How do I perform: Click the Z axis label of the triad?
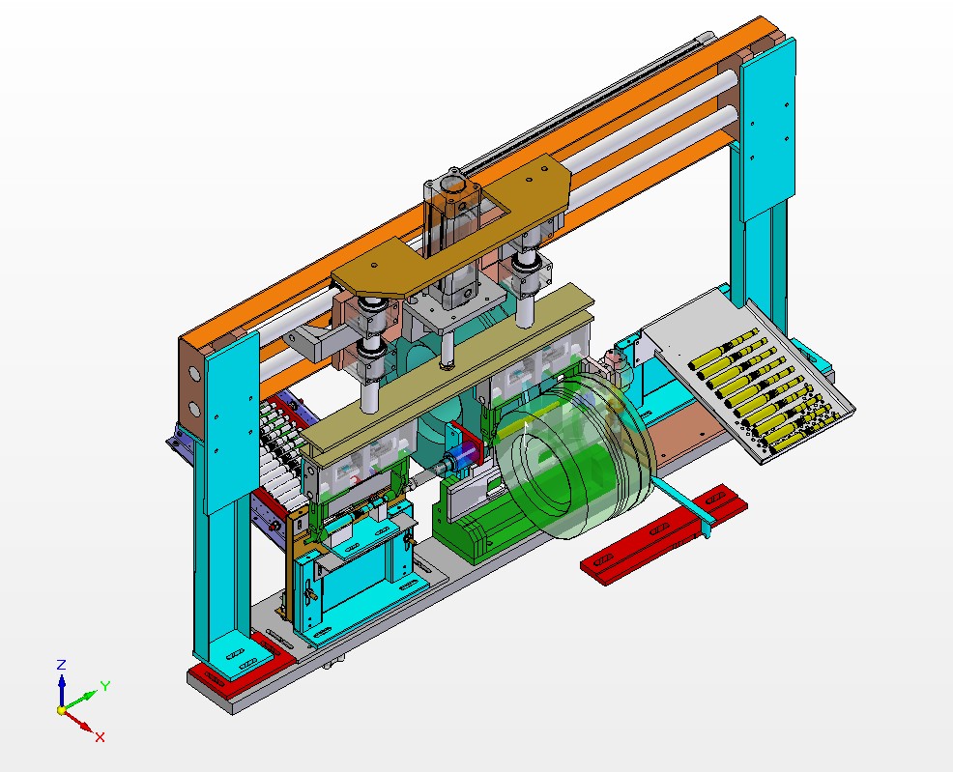click(x=61, y=665)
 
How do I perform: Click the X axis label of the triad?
click(x=100, y=737)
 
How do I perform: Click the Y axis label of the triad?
click(x=105, y=686)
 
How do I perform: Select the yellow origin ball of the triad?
click(x=62, y=710)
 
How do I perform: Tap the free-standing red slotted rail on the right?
click(x=665, y=530)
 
